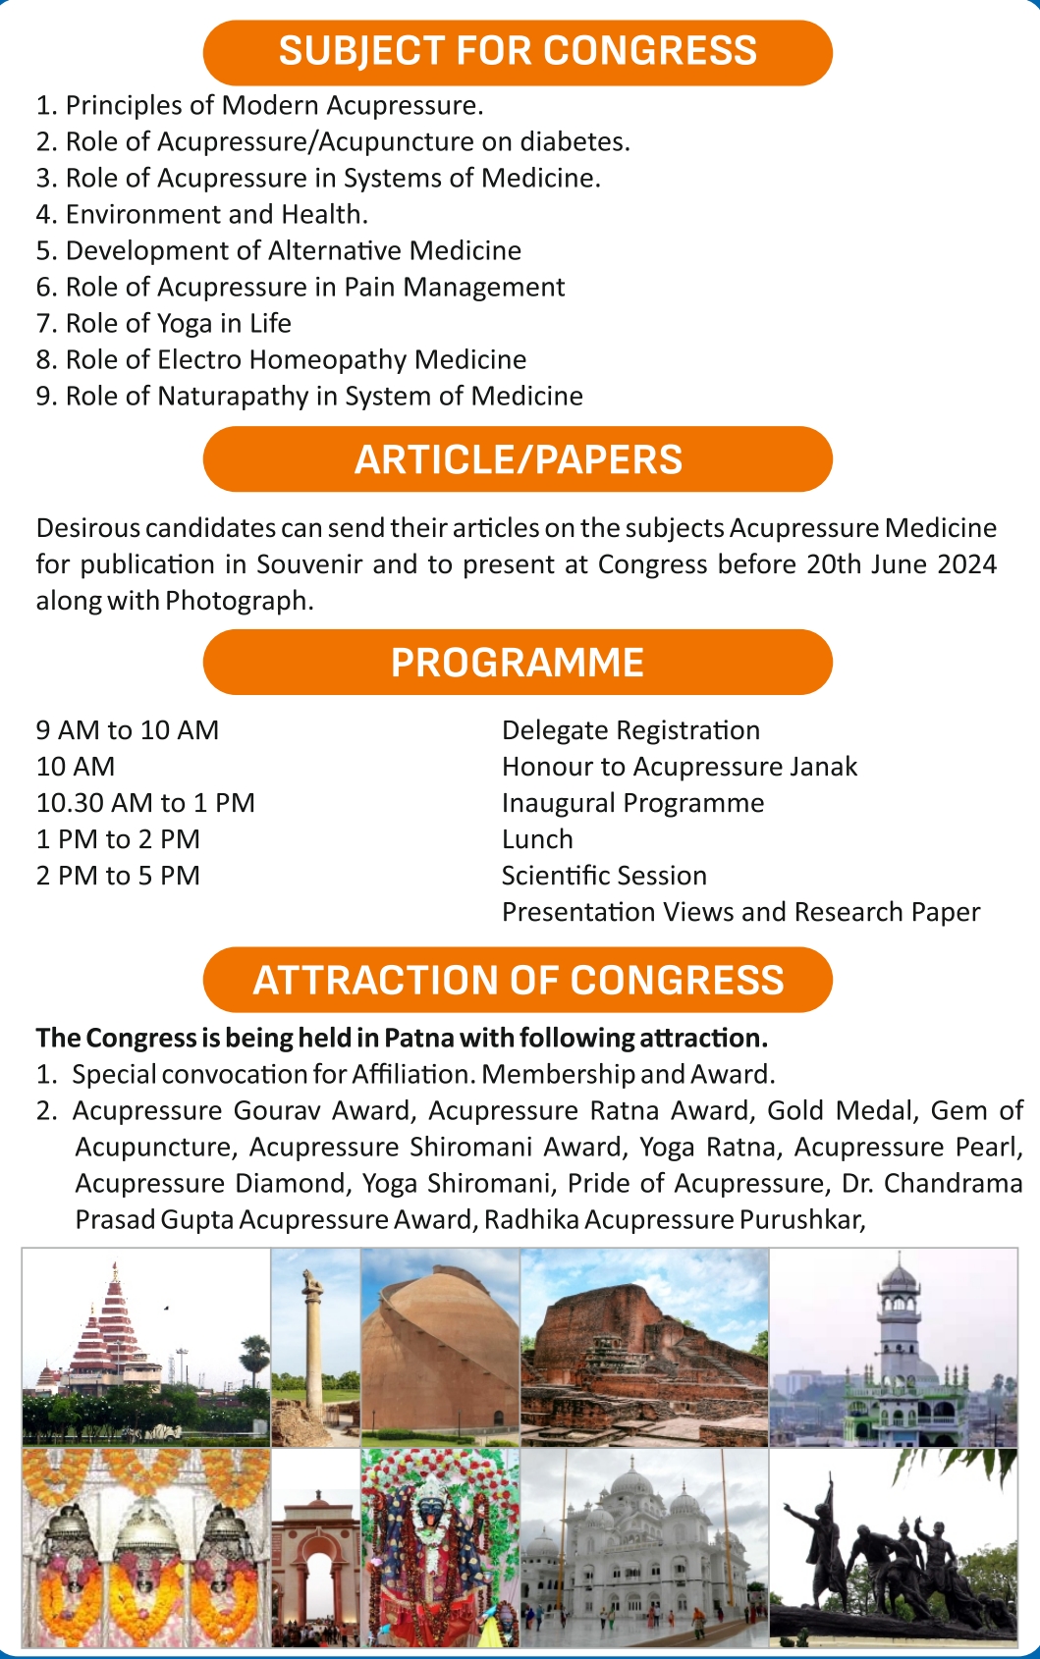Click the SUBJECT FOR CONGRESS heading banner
click(518, 52)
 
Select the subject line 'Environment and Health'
click(201, 215)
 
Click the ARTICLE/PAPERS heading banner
click(518, 459)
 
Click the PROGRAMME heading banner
click(518, 663)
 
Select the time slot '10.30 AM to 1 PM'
click(145, 804)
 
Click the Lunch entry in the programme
click(537, 840)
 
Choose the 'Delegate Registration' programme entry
click(630, 731)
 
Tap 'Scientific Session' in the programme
click(604, 877)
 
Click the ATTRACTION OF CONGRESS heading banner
click(518, 981)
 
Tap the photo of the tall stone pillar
click(315, 1347)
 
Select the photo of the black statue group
click(893, 1548)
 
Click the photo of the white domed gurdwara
click(644, 1548)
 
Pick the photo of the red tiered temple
click(145, 1347)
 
